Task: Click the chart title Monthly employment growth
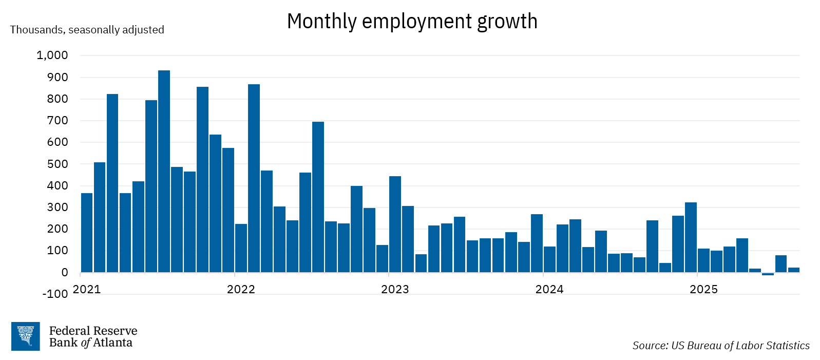(x=412, y=22)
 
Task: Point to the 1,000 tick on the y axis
(x=52, y=55)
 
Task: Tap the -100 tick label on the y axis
(x=55, y=294)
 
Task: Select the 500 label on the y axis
(x=57, y=164)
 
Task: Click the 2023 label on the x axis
(x=395, y=290)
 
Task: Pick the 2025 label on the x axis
(x=703, y=290)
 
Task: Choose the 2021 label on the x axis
(x=87, y=290)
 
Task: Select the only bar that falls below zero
(x=768, y=274)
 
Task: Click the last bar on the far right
(x=793, y=270)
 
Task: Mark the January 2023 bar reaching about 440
(x=395, y=224)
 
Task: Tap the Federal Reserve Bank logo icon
(x=25, y=336)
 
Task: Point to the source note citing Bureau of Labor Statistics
(x=720, y=346)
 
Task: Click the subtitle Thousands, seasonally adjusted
(x=87, y=30)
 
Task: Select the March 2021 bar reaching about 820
(x=112, y=183)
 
